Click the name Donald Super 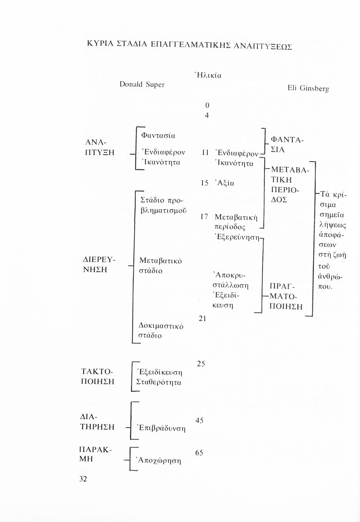(x=142, y=85)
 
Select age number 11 (x=205, y=152)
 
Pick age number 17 (x=204, y=217)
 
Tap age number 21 (x=203, y=318)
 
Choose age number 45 (x=200, y=421)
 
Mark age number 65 (x=199, y=453)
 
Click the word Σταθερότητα (x=159, y=382)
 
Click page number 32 (x=83, y=479)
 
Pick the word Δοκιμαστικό (x=161, y=326)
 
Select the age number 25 (x=201, y=364)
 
